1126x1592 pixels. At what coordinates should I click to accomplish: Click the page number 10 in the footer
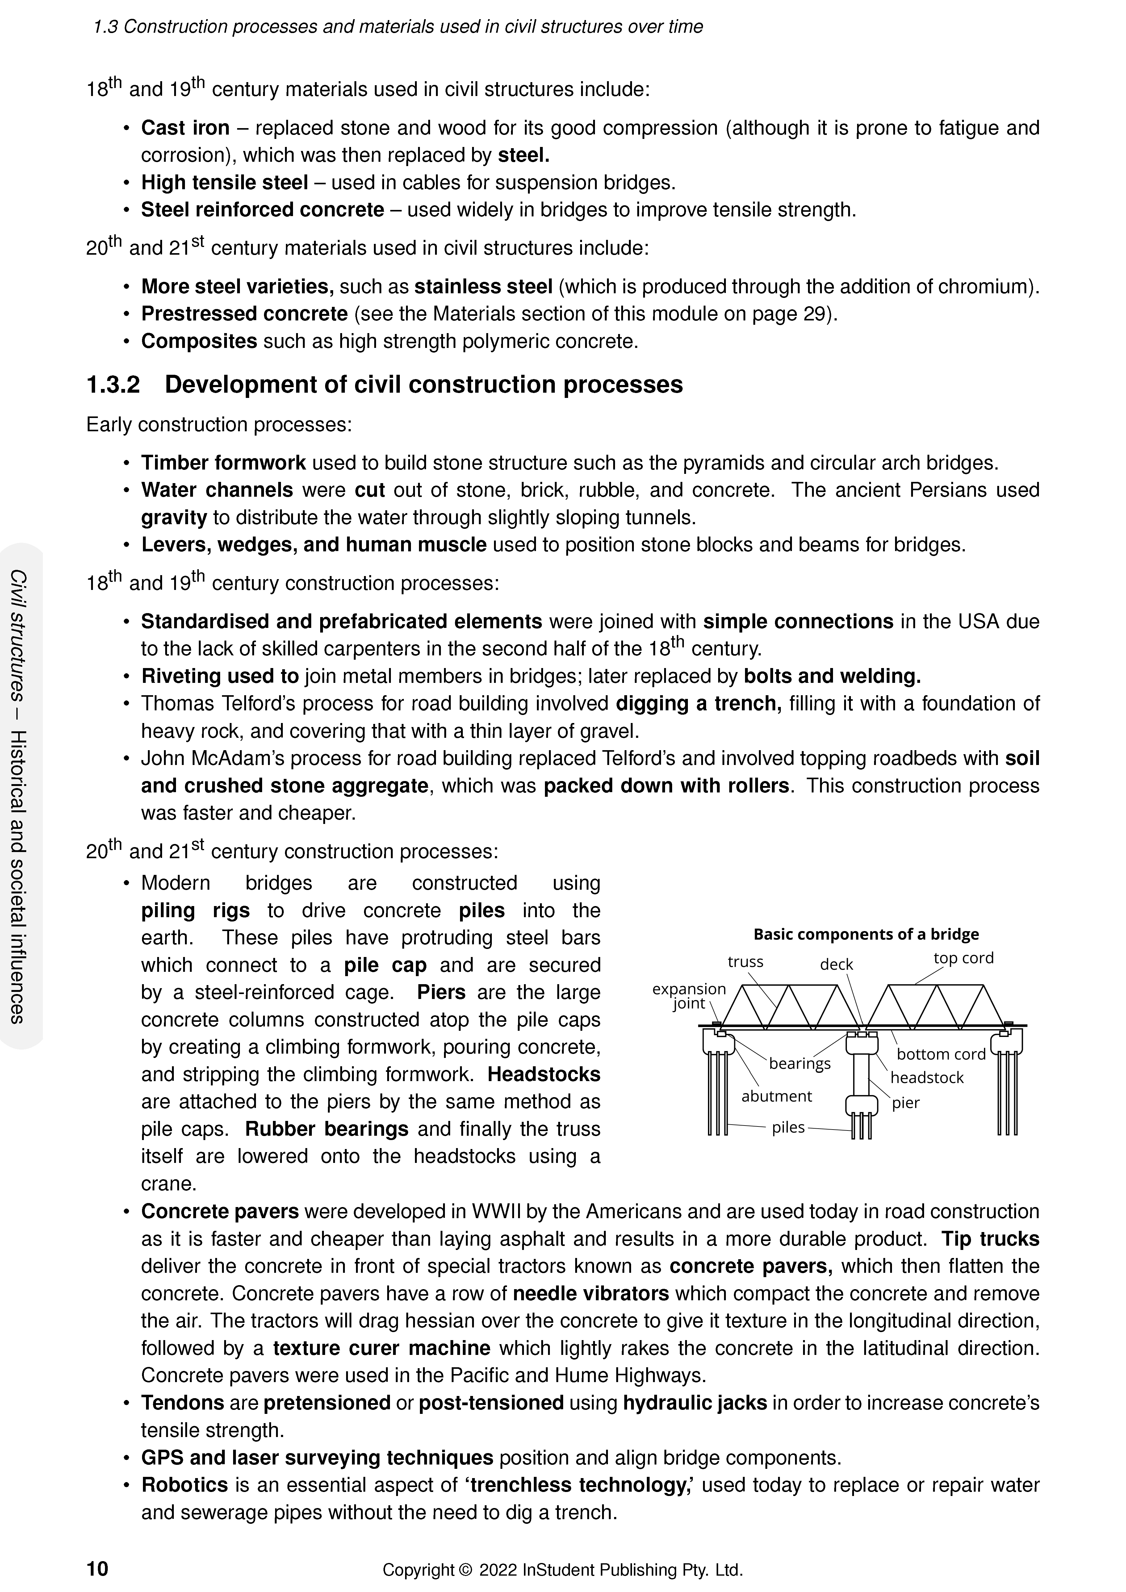point(97,1569)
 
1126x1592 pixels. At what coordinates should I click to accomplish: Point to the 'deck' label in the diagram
point(836,964)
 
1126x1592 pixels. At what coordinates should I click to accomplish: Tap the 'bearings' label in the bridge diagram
point(799,1063)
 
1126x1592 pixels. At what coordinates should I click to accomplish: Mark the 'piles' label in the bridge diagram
point(788,1127)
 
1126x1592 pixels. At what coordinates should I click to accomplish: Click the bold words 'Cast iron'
point(185,128)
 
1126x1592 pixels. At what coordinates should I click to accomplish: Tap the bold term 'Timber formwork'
point(223,463)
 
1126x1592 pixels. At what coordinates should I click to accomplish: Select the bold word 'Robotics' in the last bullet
point(184,1485)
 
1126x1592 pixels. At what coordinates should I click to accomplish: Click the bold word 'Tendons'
point(182,1403)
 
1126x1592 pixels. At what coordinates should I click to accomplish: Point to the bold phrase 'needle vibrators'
point(591,1294)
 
